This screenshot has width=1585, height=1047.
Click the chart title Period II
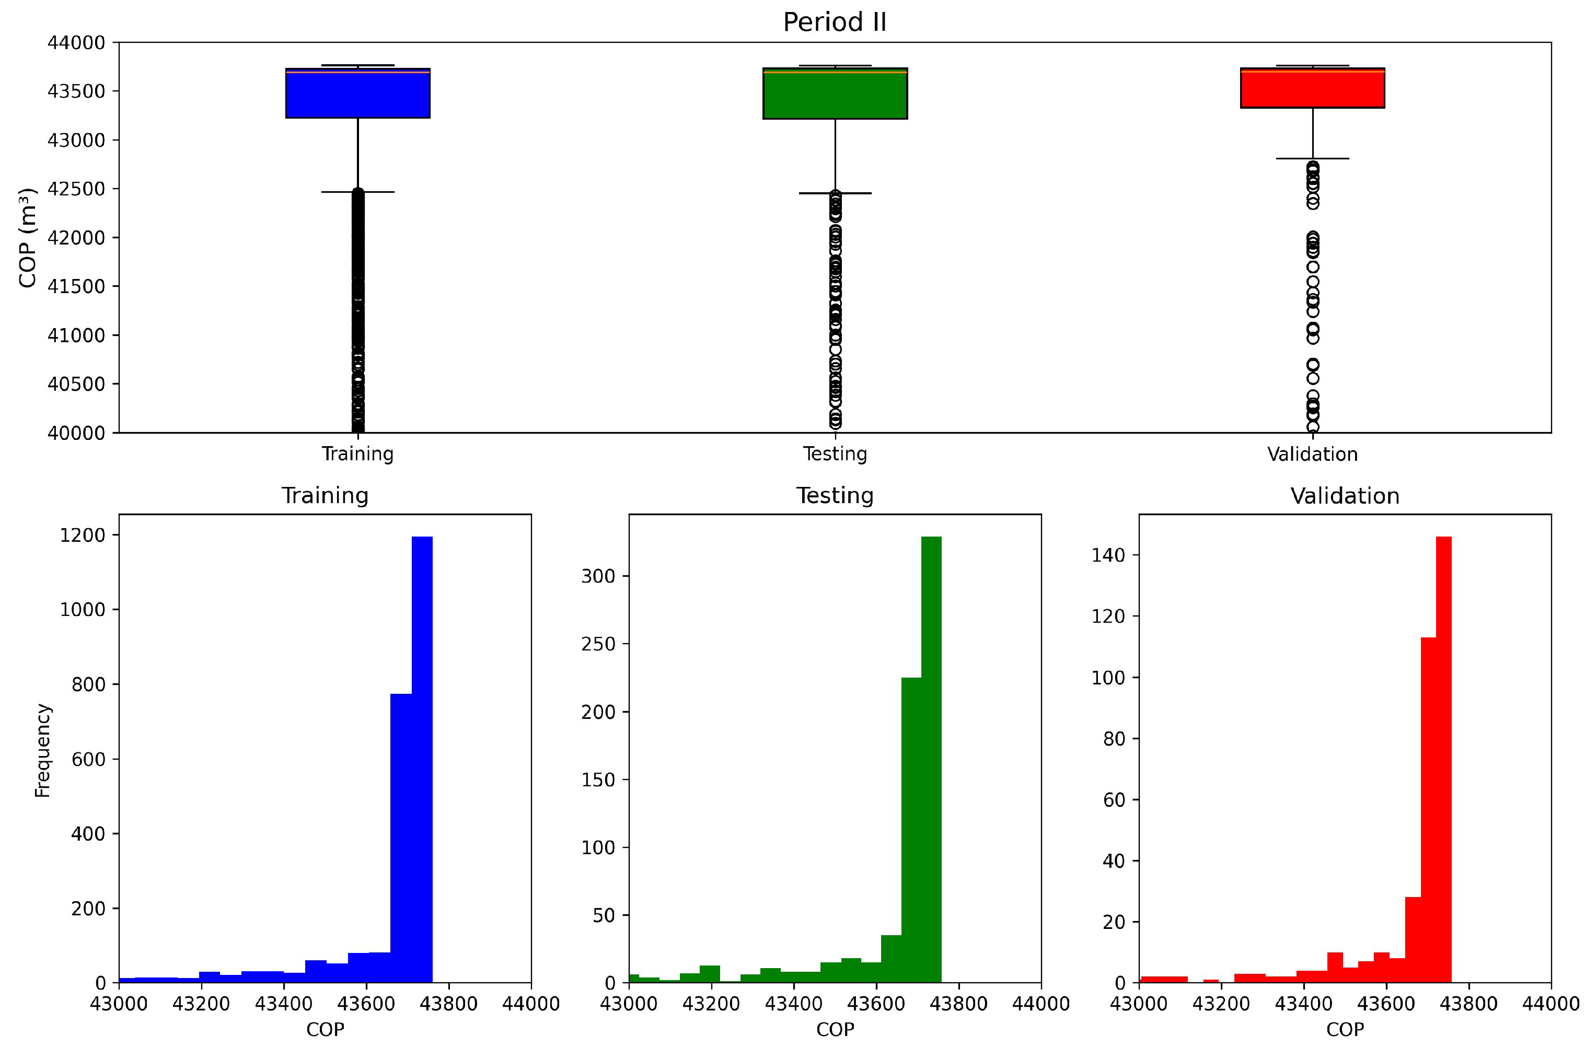tap(834, 22)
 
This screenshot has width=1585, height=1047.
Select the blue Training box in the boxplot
tap(357, 94)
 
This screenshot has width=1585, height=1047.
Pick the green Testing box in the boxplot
tap(835, 94)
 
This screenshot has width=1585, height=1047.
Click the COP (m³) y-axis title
tap(27, 238)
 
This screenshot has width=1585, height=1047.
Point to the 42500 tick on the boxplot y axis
tap(76, 189)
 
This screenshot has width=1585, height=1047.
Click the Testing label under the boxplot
tap(835, 454)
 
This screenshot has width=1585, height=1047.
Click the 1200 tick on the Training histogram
tap(83, 536)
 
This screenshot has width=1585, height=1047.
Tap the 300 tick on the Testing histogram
tap(598, 576)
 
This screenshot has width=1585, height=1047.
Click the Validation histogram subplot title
tap(1345, 496)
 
